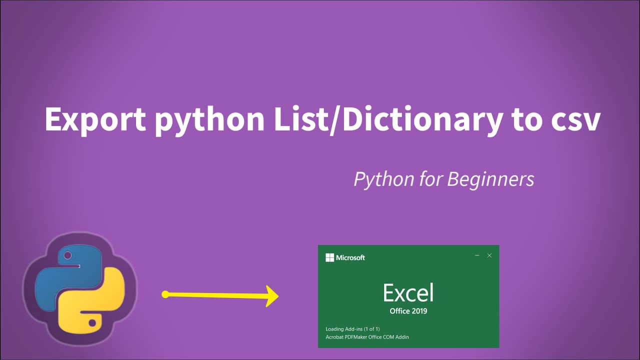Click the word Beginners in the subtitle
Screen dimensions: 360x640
coord(489,179)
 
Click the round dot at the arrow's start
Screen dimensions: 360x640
coord(165,294)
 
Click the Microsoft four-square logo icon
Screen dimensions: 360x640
coord(329,257)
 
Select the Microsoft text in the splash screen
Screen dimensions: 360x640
coord(350,257)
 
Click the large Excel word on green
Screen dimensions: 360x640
coord(408,293)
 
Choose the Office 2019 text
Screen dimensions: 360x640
coord(408,311)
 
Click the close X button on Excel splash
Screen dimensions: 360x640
coord(489,255)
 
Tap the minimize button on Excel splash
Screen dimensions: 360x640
coord(477,255)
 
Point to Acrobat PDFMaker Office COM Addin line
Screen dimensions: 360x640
coord(367,337)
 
